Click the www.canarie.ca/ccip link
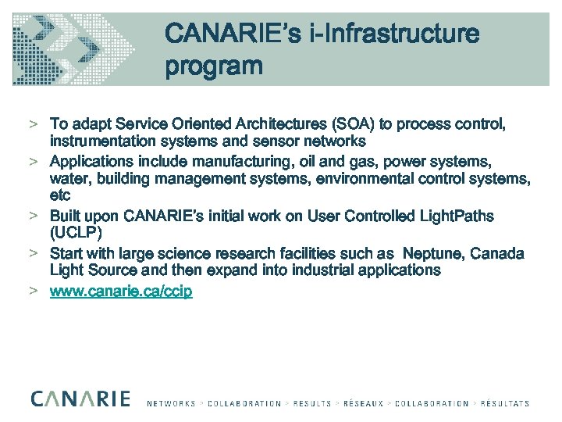tap(121, 291)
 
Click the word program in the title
tap(213, 66)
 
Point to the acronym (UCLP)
tap(76, 232)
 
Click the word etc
tap(60, 195)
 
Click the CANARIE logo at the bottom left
tap(80, 399)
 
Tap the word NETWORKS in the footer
tap(171, 403)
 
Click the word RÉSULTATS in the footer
tap(503, 403)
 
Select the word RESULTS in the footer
tap(311, 403)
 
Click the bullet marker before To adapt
tap(35, 125)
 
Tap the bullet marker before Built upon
tap(35, 216)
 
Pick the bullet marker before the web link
tap(35, 291)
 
